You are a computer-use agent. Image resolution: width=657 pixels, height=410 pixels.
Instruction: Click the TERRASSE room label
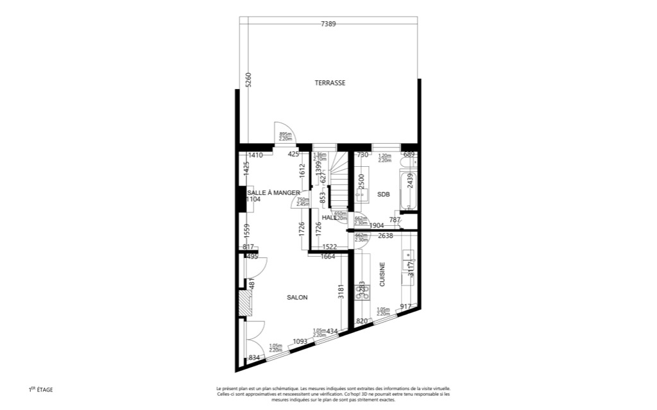(x=330, y=83)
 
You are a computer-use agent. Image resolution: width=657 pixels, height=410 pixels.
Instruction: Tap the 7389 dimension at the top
(x=328, y=24)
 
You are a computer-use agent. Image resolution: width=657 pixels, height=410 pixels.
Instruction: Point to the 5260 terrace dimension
(x=249, y=80)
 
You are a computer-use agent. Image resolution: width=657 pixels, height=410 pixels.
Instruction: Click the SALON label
(x=297, y=297)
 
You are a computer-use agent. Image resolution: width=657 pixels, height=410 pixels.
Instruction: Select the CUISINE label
(x=382, y=274)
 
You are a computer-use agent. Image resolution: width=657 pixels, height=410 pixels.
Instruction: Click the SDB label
(x=383, y=194)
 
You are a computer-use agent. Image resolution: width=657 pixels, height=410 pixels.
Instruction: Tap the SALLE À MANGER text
(x=274, y=192)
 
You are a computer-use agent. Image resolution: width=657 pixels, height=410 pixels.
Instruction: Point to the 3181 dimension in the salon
(x=341, y=293)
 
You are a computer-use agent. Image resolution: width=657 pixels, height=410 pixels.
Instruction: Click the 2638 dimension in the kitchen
(x=385, y=236)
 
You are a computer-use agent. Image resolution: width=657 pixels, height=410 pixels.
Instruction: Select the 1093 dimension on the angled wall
(x=300, y=341)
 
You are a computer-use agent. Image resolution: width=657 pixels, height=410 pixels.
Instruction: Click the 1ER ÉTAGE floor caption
(x=40, y=389)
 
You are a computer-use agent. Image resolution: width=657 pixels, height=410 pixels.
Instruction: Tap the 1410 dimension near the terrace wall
(x=256, y=155)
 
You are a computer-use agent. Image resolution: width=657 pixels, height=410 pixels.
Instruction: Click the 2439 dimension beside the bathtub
(x=418, y=181)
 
